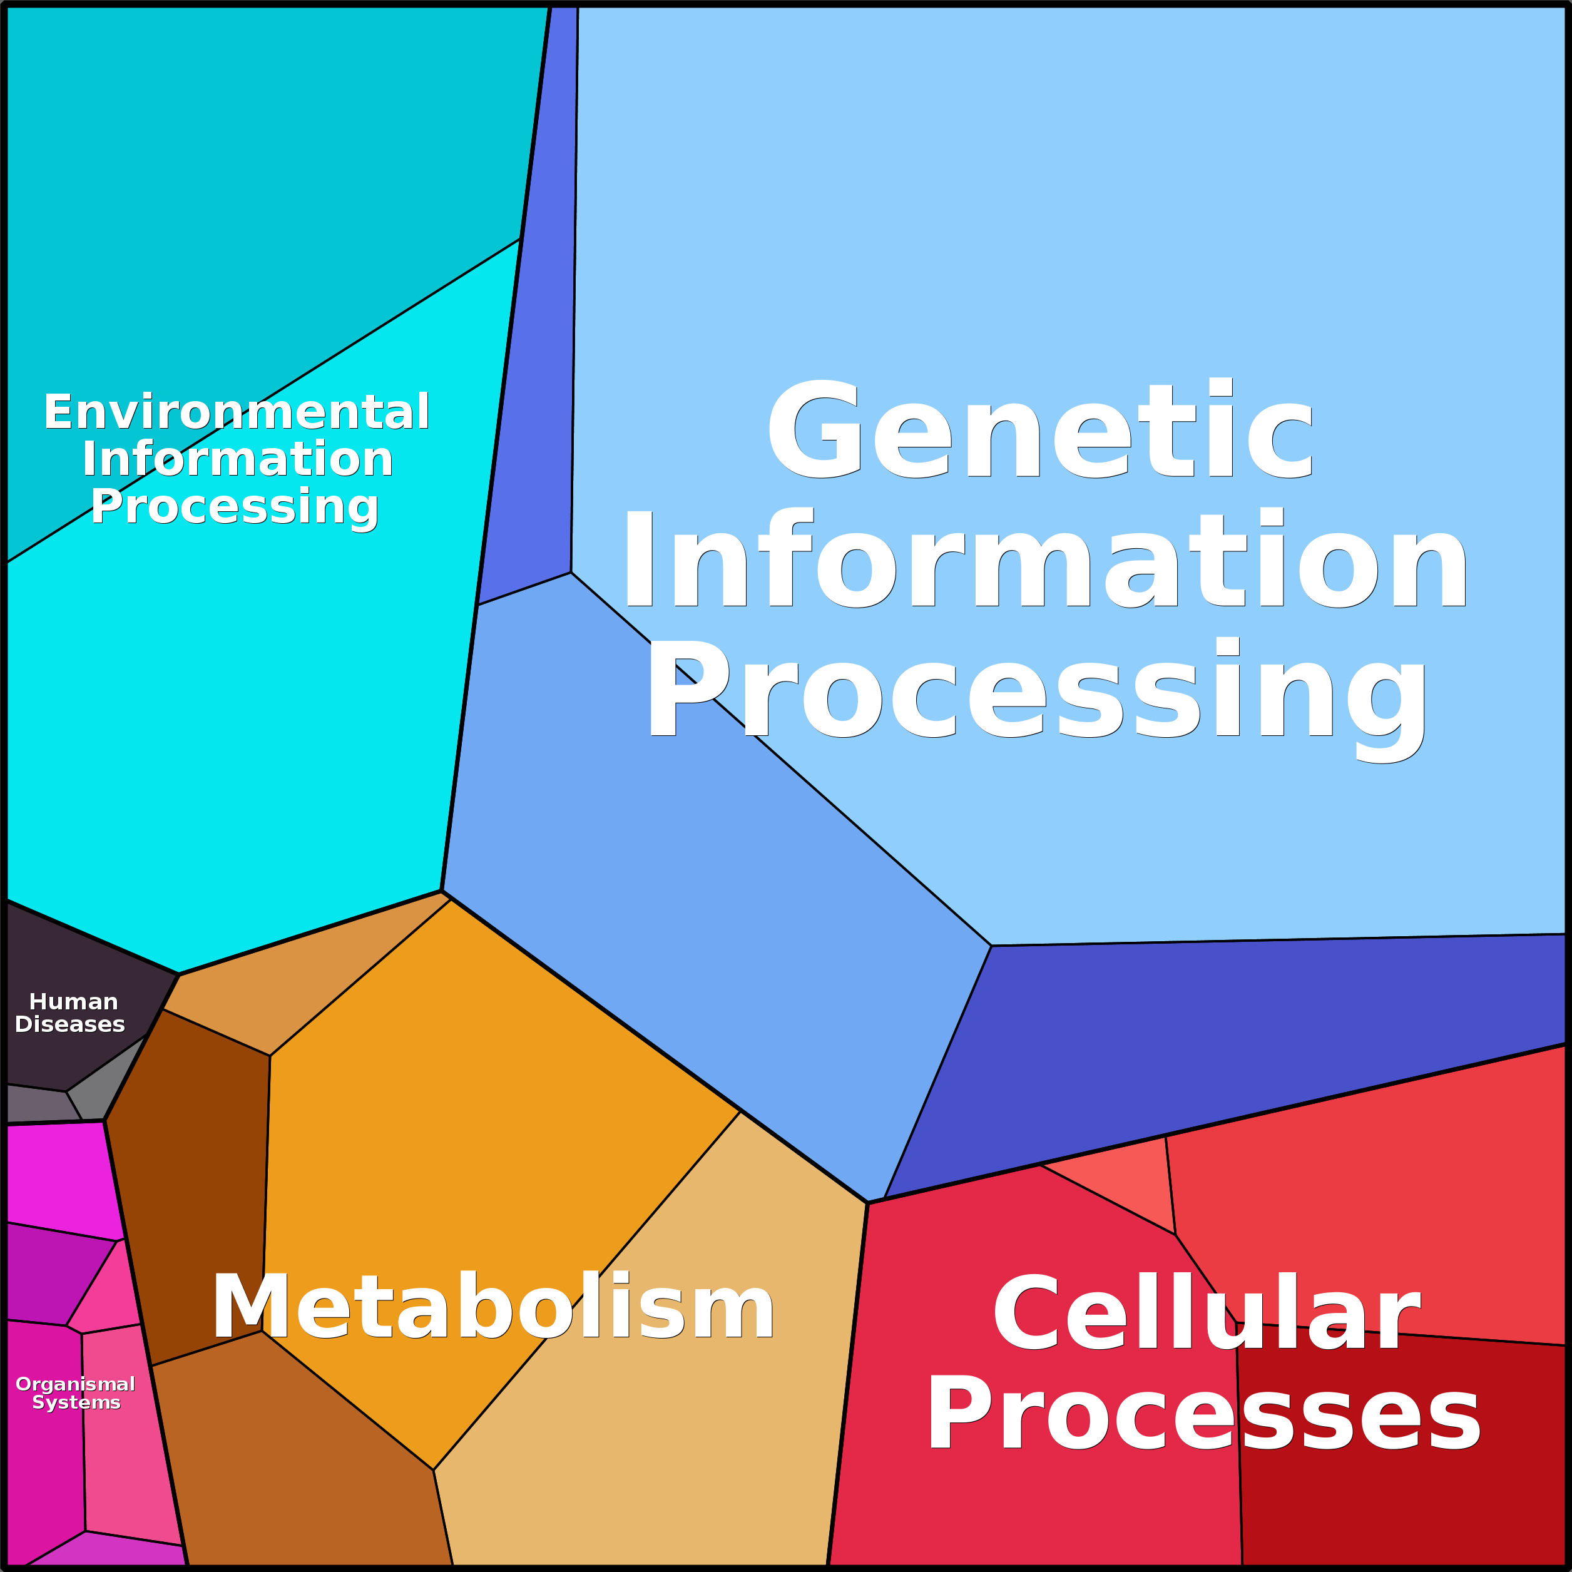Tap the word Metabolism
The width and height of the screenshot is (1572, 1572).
pos(493,1307)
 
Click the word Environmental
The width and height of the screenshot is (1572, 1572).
pos(236,412)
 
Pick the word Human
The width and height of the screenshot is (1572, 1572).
pos(73,1002)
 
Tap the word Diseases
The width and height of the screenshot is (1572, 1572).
pos(70,1024)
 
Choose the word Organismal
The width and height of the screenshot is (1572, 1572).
pos(75,1384)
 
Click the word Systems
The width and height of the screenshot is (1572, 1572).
pos(76,1403)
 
